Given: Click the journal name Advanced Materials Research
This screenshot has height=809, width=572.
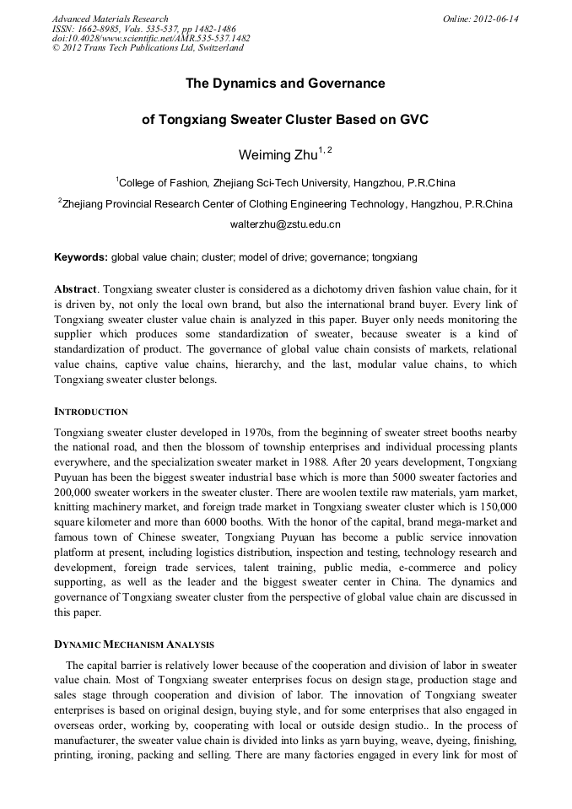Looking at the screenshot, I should click(x=110, y=19).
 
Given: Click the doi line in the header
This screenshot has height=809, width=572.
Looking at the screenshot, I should click(x=151, y=38).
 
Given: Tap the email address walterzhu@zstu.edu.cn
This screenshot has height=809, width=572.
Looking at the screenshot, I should click(x=285, y=225).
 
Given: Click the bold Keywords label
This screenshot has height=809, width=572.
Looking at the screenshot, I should click(x=81, y=256).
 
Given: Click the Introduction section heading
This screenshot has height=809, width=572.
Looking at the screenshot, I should click(x=91, y=412).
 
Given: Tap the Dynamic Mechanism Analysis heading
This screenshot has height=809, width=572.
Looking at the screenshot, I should click(x=134, y=644).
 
